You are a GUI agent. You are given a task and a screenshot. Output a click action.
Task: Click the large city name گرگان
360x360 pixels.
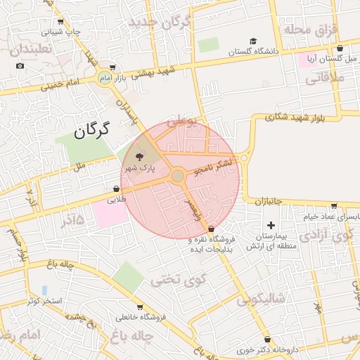pyautogui.click(x=92, y=129)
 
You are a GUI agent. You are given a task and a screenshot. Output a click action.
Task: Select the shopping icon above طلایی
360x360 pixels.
pyautogui.click(x=116, y=188)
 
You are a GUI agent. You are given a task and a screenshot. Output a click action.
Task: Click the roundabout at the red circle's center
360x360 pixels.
pyautogui.click(x=178, y=175)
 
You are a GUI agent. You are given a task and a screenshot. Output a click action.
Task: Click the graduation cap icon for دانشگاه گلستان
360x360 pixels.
pyautogui.click(x=253, y=41)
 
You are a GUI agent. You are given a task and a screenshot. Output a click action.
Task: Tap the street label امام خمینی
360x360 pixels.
pyautogui.click(x=62, y=86)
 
